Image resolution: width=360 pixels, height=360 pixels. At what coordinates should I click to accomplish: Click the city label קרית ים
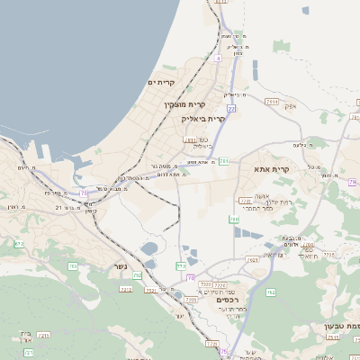(162, 83)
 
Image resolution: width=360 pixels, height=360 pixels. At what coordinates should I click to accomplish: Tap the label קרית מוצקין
(179, 106)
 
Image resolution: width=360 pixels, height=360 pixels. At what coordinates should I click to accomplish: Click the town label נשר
(120, 267)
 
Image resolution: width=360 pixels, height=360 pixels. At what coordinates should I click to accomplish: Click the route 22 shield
(231, 108)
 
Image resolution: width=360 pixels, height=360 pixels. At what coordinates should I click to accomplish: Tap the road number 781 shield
(224, 161)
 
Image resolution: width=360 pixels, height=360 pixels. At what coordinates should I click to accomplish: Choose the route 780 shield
(234, 219)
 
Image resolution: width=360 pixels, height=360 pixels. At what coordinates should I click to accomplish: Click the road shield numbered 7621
(252, 260)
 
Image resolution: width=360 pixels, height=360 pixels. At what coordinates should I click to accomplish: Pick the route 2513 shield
(333, 337)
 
